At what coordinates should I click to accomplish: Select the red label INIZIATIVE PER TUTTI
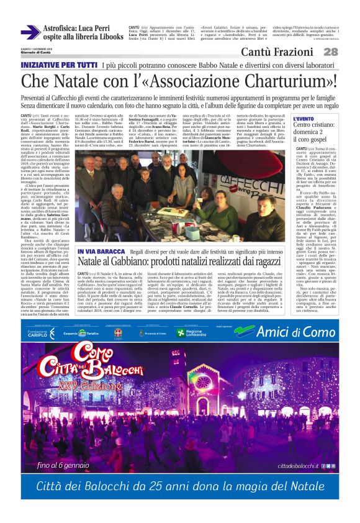[59, 65]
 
